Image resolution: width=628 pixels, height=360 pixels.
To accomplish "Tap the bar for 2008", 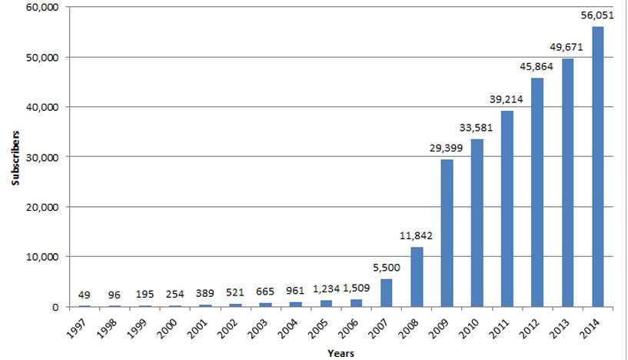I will (417, 276).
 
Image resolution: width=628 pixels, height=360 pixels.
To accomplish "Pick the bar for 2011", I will (507, 208).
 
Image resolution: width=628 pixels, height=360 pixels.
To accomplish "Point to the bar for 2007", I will (387, 292).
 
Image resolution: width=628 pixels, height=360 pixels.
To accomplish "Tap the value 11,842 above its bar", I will (417, 235).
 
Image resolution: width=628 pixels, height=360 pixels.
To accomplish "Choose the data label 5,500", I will (387, 266).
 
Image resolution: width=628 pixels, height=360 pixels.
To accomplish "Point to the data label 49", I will (85, 294).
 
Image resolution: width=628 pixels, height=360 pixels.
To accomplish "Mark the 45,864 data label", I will (537, 66).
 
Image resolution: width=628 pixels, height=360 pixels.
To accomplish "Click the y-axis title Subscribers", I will (15, 157).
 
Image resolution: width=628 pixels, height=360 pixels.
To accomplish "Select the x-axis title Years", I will (340, 353).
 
